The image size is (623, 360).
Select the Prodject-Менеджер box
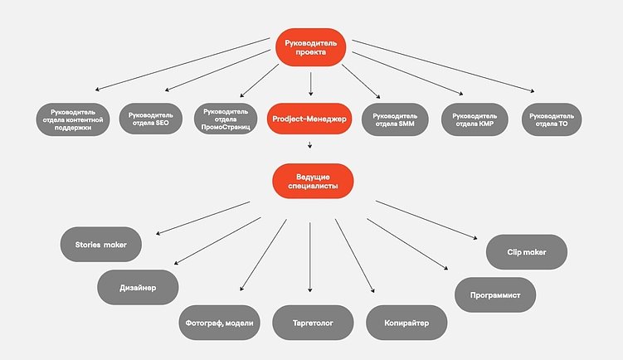click(x=309, y=119)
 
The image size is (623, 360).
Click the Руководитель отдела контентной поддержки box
click(x=73, y=119)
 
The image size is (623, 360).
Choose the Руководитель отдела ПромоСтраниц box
click(x=226, y=119)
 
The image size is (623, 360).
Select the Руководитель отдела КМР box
click(x=475, y=119)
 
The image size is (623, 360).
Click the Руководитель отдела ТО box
click(x=551, y=119)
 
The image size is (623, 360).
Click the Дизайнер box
click(x=138, y=286)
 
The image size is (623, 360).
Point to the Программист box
click(x=495, y=293)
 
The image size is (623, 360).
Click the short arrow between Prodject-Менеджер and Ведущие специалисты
click(x=309, y=145)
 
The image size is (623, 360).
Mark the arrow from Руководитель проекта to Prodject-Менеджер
click(x=310, y=85)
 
